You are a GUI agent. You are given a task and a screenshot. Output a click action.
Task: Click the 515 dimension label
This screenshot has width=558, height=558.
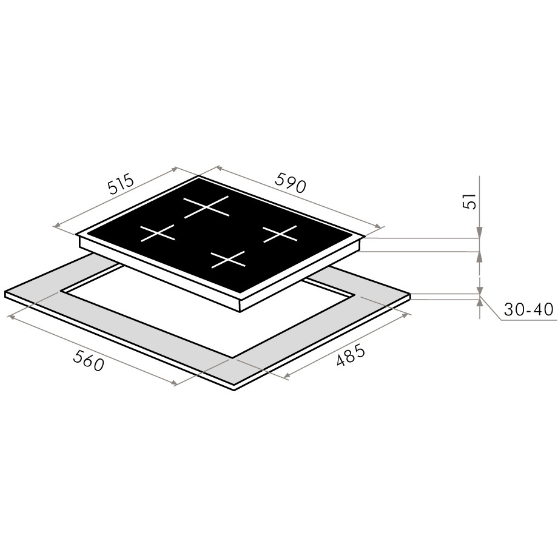pos(121,184)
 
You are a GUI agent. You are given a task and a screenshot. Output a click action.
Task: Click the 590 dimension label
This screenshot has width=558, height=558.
pos(291,183)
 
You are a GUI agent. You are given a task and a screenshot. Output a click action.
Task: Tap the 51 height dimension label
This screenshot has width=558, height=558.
pos(469,201)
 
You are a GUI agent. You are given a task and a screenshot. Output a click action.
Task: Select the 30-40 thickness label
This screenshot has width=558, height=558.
pos(528,309)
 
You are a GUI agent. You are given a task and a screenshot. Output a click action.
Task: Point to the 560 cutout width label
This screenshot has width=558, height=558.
pos(89,360)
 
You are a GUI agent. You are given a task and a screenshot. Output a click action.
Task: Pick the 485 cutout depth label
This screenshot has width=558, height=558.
pos(351,355)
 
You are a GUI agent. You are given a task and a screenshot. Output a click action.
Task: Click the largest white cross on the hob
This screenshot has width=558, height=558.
pos(206,206)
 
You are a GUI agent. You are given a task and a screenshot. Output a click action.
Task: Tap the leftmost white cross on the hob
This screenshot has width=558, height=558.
pos(158,233)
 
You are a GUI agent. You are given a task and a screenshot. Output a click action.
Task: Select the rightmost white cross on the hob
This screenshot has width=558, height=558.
pos(280,234)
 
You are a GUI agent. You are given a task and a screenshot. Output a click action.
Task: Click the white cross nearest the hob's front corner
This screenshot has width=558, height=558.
pos(228,260)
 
